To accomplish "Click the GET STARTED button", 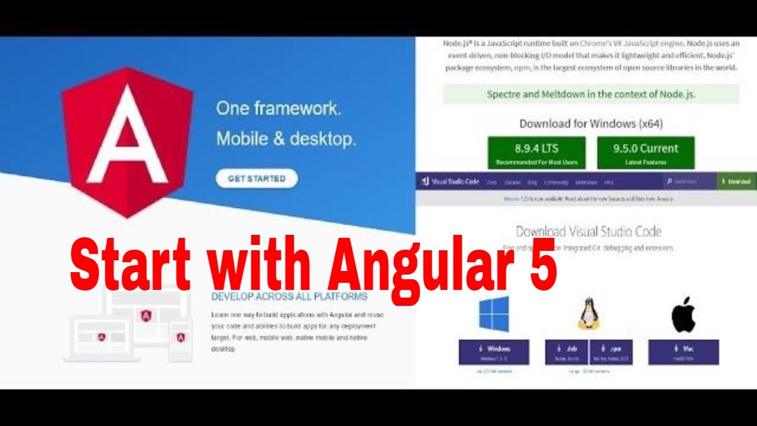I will tap(257, 178).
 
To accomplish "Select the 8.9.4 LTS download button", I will tap(536, 153).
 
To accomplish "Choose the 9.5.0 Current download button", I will tap(646, 153).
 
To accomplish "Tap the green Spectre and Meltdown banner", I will tap(591, 94).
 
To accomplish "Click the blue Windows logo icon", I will tap(494, 314).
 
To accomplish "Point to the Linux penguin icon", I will tap(588, 314).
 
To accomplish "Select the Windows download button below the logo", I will tap(494, 352).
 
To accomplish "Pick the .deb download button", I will tap(567, 352).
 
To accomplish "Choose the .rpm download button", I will tap(610, 352).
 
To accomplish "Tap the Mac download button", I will tap(683, 352).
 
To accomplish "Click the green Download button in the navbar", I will tap(736, 182).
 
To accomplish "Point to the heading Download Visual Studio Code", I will tap(588, 231).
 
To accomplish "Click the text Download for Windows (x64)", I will tap(591, 124).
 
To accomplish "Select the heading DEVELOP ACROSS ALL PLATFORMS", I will tap(289, 296).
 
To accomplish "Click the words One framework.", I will tap(279, 108).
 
